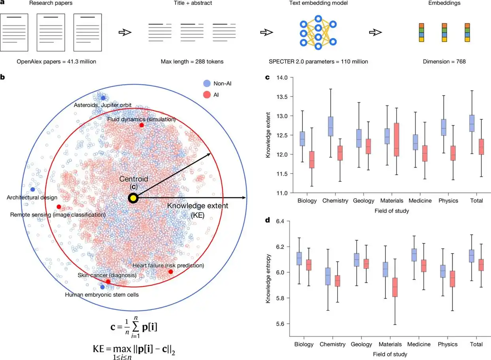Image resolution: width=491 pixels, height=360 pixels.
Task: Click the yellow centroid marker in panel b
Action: point(133,198)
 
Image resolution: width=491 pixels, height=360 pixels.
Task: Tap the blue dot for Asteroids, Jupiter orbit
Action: point(103,98)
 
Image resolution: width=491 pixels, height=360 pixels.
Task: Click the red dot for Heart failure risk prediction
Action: point(170,272)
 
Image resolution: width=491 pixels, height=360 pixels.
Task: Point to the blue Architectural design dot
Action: point(32,190)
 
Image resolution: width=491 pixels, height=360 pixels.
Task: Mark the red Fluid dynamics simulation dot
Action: point(142,125)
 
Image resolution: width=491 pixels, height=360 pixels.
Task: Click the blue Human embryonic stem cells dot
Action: point(103,287)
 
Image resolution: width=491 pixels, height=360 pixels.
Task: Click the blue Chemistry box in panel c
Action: point(331,126)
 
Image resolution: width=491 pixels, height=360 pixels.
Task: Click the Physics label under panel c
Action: point(448,201)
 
